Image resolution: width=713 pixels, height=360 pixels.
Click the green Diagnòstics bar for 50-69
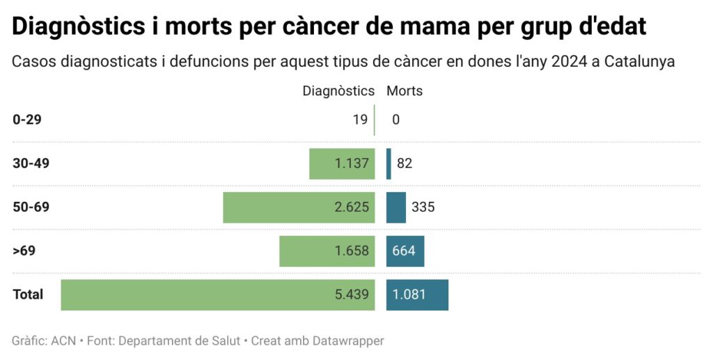(299, 208)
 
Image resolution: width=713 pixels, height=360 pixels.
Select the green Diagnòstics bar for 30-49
(342, 164)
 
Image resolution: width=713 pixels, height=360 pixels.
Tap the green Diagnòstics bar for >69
(327, 251)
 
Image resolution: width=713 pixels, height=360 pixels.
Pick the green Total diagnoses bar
(218, 295)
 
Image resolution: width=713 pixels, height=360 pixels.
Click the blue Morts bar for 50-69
(395, 208)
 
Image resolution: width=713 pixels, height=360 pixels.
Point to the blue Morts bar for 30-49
(389, 164)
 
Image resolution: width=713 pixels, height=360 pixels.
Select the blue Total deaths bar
(417, 295)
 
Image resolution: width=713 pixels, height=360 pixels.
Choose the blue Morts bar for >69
(405, 251)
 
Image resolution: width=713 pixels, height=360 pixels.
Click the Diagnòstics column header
(338, 91)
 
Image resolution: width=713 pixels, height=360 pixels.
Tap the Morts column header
(405, 91)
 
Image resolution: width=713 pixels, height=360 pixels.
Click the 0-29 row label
(27, 120)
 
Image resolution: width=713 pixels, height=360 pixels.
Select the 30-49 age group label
(31, 164)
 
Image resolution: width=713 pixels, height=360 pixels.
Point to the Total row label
(28, 295)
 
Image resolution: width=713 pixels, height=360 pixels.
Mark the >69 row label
(24, 251)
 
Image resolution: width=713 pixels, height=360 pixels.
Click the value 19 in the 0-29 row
(360, 120)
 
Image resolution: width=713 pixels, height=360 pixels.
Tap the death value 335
(423, 208)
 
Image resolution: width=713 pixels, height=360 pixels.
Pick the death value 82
(405, 164)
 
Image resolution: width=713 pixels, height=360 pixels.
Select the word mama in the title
(452, 26)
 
